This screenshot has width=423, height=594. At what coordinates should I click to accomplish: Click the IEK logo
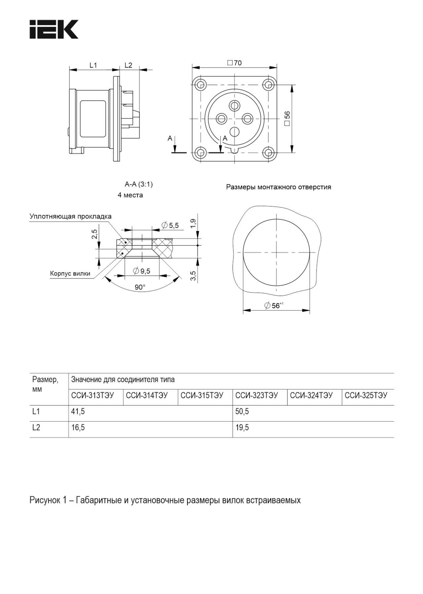(54, 29)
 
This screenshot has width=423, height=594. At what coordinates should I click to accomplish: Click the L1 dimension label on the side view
(93, 65)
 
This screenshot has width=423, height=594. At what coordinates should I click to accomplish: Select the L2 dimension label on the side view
(128, 65)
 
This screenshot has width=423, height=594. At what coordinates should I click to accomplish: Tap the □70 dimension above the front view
(235, 63)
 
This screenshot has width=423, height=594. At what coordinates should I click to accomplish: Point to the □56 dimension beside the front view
(287, 118)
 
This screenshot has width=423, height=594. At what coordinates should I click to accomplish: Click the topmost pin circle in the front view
(235, 106)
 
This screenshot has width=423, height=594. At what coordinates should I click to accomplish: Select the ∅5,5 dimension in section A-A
(170, 225)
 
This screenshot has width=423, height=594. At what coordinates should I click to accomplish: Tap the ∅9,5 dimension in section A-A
(142, 271)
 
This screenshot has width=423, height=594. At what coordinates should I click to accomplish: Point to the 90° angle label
(140, 287)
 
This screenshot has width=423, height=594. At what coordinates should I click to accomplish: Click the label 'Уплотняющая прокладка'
(70, 217)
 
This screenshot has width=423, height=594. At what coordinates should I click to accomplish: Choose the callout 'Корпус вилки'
(70, 273)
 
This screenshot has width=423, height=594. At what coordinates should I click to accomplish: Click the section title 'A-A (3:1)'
(138, 184)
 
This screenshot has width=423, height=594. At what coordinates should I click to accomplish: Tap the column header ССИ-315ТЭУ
(202, 395)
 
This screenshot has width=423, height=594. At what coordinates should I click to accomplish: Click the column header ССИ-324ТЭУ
(311, 395)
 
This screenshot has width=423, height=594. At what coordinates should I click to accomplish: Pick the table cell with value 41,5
(78, 412)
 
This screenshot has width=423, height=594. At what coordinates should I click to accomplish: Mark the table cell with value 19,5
(242, 427)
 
